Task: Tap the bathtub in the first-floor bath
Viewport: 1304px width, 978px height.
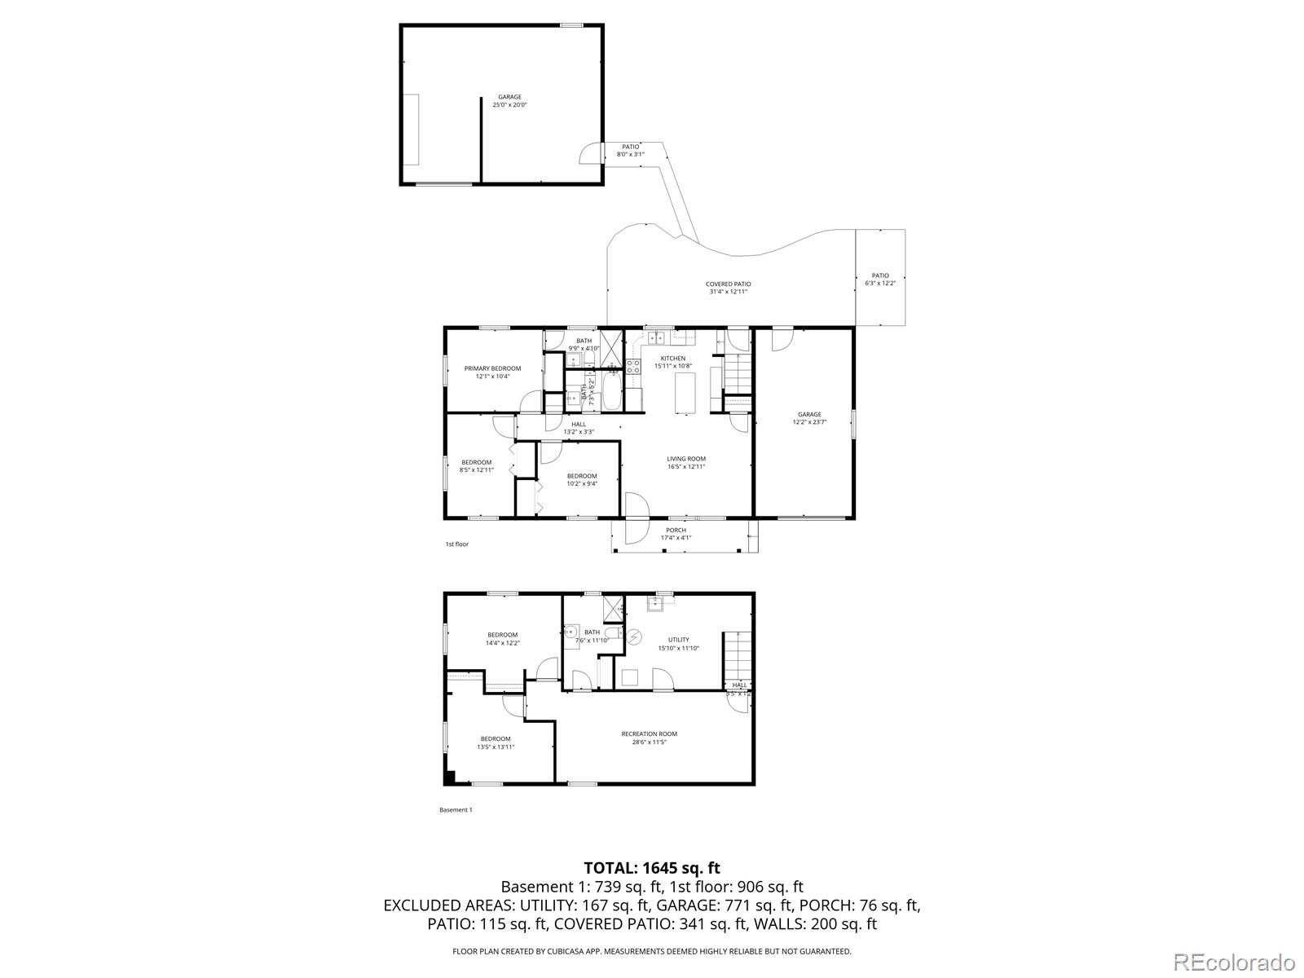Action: point(612,391)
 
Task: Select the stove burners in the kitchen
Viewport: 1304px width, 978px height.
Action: point(633,367)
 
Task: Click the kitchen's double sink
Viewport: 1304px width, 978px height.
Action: point(657,338)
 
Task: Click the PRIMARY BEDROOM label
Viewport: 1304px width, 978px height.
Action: point(492,368)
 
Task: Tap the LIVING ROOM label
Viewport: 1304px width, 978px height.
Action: point(685,459)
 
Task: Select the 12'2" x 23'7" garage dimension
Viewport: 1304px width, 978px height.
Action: point(809,422)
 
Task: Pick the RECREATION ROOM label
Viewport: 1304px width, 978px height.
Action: point(649,733)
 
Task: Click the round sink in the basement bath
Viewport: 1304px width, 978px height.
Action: point(571,632)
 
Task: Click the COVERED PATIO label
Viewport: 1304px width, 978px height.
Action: point(728,284)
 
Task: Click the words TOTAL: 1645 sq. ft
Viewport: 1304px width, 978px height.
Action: point(651,868)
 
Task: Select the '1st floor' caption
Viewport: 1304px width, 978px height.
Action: point(456,544)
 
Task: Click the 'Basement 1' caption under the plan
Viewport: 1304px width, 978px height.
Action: point(455,809)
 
